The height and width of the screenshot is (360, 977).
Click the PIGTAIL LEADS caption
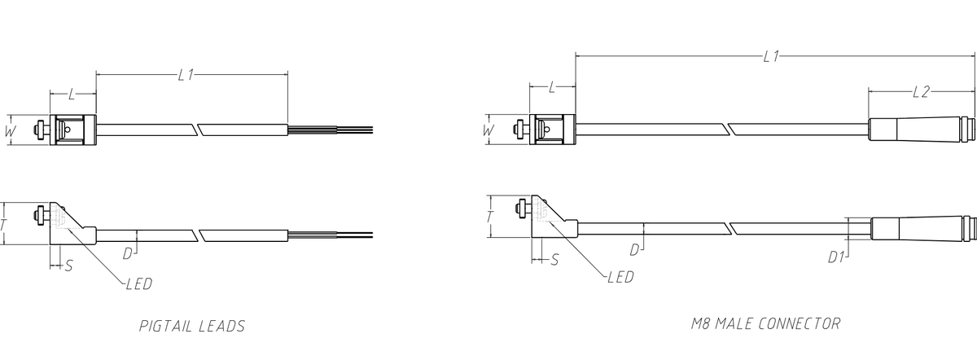192,326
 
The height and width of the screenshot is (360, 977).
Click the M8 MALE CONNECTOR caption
765,323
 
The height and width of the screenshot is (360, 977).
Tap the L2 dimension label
921,92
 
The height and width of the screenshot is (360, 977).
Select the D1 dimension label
836,257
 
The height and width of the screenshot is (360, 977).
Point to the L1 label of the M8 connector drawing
771,56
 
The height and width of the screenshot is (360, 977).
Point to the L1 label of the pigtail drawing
186,75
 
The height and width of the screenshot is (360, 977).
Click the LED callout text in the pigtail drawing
139,284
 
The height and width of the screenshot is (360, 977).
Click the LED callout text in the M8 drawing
620,277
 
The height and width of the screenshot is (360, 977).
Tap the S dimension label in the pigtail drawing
68,266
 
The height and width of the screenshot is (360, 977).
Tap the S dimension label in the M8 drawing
554,260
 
